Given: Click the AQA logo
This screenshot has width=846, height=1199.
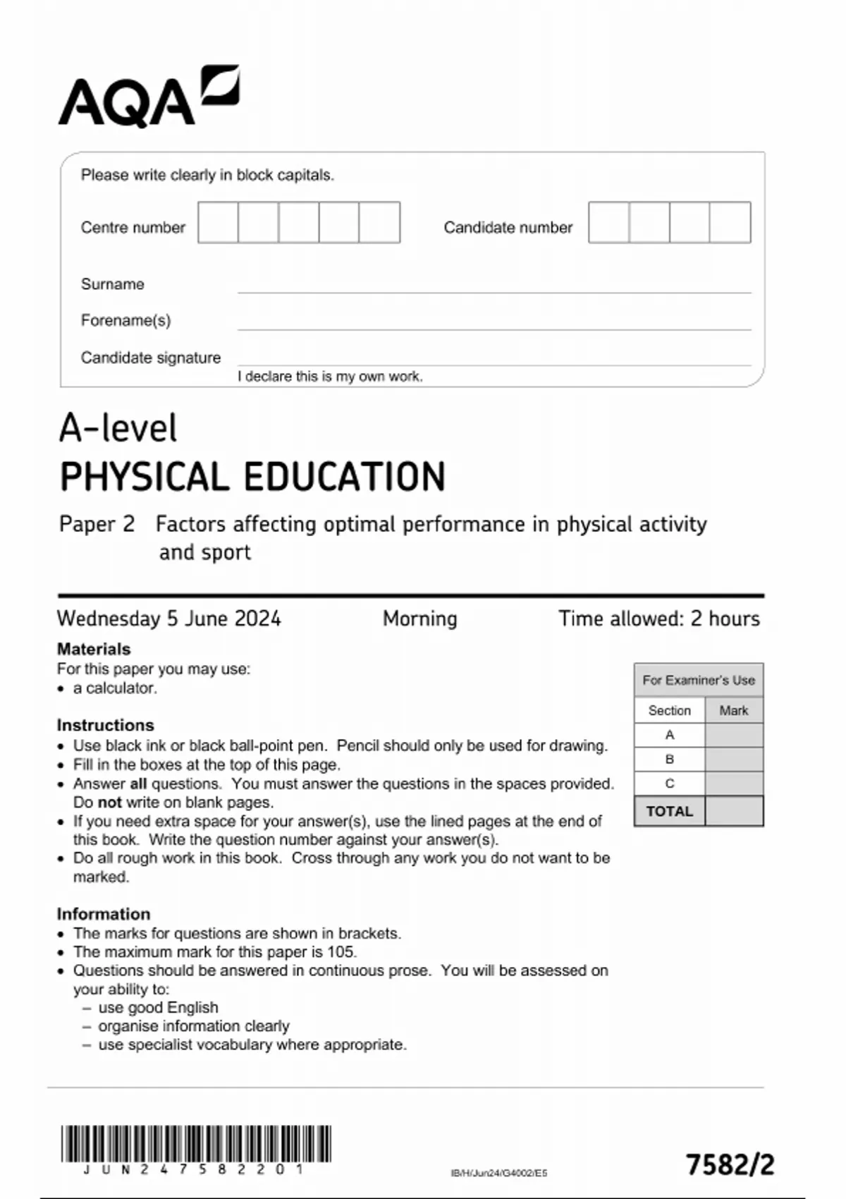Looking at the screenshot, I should click(148, 97).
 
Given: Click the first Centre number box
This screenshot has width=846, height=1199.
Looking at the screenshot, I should click(218, 222).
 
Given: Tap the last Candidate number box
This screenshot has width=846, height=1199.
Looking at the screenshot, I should click(730, 222).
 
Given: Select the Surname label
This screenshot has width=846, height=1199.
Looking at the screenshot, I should click(112, 284).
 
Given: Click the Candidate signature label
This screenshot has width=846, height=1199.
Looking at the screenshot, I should click(150, 358).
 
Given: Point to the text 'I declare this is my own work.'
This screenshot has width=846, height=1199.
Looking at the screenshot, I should click(330, 377).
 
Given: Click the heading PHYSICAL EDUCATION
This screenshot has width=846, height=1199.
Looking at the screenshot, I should click(252, 477).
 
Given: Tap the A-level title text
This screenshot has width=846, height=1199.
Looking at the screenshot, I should click(118, 428).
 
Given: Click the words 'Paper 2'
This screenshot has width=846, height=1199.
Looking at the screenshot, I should click(97, 524).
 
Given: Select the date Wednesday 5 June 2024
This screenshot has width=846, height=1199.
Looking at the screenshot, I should click(168, 619).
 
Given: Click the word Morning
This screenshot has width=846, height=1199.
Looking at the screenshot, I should click(419, 619).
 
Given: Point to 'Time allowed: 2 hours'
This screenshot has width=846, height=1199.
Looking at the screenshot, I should click(658, 619).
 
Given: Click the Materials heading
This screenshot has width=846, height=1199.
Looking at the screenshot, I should click(93, 649).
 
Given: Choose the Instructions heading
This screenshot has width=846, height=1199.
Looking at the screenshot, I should click(105, 725).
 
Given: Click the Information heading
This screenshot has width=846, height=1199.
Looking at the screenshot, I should click(103, 914).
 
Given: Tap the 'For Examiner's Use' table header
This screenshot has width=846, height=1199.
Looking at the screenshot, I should click(698, 680).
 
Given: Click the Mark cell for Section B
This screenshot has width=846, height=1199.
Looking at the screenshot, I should click(734, 760).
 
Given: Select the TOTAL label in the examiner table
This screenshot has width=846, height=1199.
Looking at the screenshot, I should click(669, 811).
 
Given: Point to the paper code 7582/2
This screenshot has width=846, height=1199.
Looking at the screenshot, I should click(730, 1164).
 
